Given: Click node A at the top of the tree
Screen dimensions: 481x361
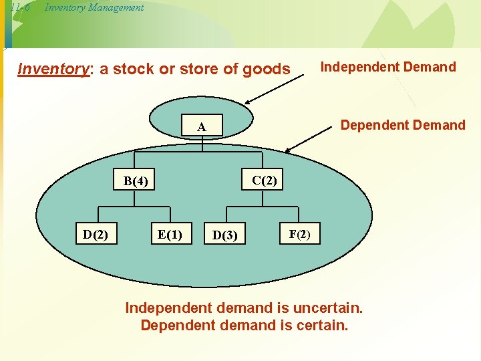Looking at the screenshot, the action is click(202, 127).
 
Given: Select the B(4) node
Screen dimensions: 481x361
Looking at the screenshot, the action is click(136, 181).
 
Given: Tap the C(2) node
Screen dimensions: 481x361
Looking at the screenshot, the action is click(265, 180).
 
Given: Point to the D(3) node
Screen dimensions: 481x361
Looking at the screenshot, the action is click(224, 235).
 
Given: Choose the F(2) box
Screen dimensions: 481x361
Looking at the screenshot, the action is click(299, 234).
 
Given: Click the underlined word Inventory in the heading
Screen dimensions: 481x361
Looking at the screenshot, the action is click(53, 70).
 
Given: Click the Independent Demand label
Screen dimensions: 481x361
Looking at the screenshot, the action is click(388, 67).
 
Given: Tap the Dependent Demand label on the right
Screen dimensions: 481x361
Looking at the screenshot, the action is click(403, 125).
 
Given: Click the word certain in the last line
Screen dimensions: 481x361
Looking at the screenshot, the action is click(323, 326).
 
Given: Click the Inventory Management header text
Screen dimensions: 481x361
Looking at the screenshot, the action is click(94, 7).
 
